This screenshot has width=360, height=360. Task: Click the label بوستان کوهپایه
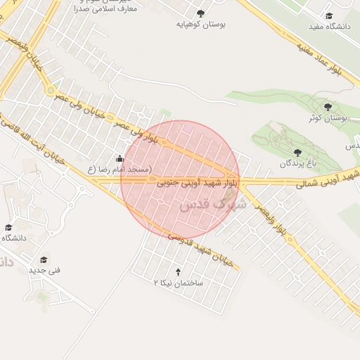click(200, 23)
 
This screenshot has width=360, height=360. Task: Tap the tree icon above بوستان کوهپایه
click(200, 13)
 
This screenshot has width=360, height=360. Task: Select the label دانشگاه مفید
click(329, 27)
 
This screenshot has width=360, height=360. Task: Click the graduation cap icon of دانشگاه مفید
click(329, 16)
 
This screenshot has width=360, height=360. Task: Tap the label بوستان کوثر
click(328, 117)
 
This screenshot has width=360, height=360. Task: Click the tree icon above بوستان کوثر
click(328, 107)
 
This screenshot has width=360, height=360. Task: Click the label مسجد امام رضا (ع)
click(120, 169)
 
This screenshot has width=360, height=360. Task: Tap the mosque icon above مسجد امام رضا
click(120, 158)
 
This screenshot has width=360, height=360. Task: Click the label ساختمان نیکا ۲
click(178, 282)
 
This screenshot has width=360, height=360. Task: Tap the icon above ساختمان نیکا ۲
click(178, 271)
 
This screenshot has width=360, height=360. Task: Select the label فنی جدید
click(45, 270)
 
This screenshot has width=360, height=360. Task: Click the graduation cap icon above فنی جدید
click(44, 259)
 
